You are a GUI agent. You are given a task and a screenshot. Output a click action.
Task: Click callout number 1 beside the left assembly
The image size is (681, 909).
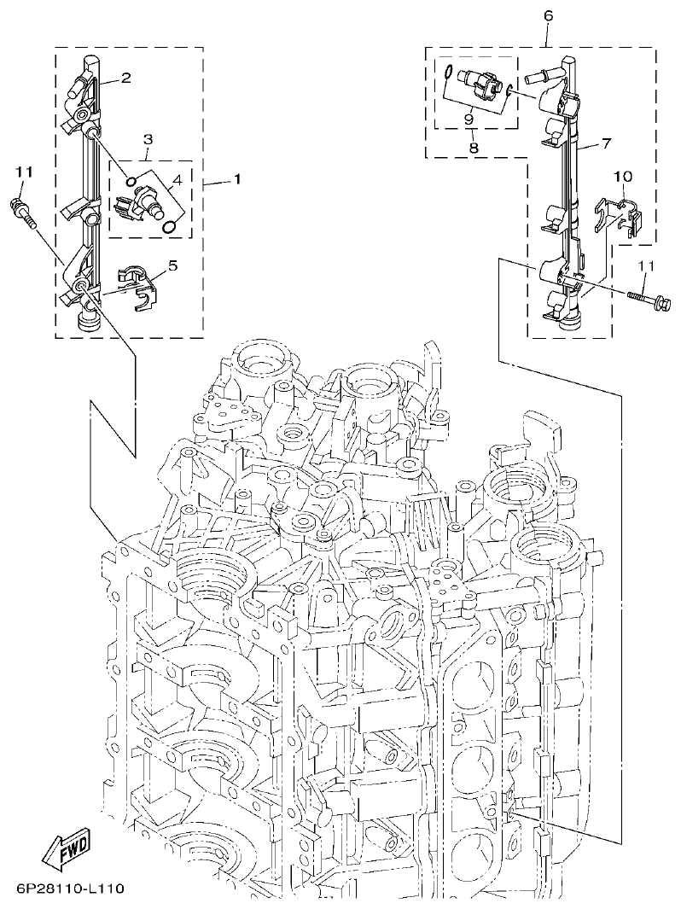[x=236, y=179]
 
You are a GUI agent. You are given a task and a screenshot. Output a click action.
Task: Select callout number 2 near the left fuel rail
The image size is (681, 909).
[x=125, y=79]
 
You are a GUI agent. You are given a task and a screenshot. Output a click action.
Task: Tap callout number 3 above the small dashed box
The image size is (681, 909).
[x=148, y=138]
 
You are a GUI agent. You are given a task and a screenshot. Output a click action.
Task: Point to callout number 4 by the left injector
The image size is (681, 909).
[x=177, y=179]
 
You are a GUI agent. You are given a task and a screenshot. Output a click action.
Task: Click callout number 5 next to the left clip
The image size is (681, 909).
[x=172, y=265]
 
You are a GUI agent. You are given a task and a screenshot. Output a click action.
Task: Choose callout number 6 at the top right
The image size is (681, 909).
[x=548, y=15]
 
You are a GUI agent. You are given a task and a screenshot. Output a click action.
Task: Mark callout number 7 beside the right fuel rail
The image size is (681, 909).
[x=605, y=143]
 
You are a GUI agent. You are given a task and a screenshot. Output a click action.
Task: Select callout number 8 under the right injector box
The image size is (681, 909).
[x=474, y=148]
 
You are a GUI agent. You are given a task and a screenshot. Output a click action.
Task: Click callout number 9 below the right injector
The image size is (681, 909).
[x=469, y=119]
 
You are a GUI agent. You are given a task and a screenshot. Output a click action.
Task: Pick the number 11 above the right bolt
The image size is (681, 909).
[x=646, y=267]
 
